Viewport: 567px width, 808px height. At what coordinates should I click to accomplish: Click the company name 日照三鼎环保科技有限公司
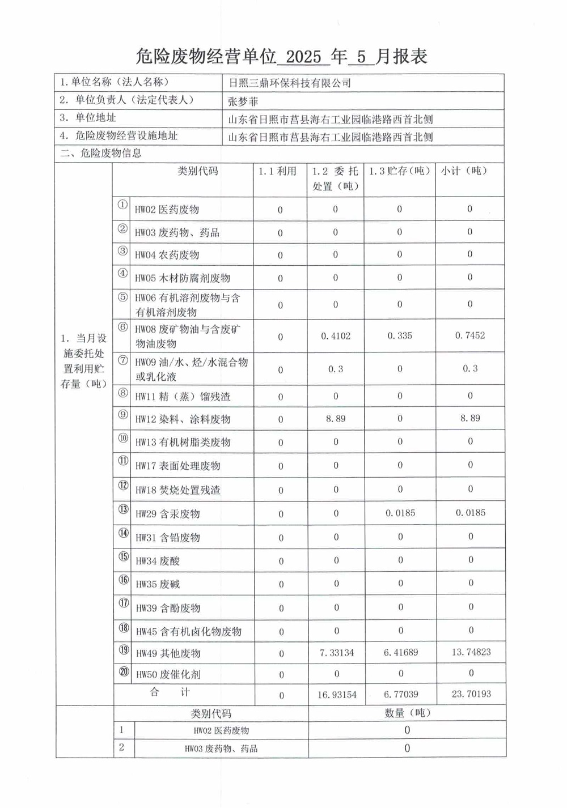[290, 83]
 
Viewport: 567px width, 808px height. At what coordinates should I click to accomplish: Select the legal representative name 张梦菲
[243, 101]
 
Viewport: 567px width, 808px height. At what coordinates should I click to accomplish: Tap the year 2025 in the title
[303, 57]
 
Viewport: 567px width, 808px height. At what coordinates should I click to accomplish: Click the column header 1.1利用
[278, 171]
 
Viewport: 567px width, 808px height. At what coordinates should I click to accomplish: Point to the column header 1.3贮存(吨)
[400, 171]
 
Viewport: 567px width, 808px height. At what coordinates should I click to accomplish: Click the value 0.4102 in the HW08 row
[336, 336]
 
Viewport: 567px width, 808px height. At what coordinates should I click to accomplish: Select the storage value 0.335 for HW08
[400, 336]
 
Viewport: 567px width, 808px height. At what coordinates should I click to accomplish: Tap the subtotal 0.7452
[470, 335]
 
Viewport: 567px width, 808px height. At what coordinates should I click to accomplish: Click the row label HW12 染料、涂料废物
[183, 419]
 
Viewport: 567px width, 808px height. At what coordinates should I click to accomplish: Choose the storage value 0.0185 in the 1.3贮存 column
[400, 513]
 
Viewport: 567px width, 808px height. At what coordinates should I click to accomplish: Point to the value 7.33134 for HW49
[337, 653]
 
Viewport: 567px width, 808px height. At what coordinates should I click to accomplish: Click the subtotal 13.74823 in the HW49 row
[471, 652]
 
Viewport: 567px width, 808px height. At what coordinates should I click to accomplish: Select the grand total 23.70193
[471, 694]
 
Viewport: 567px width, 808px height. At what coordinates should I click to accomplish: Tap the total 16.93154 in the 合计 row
[337, 695]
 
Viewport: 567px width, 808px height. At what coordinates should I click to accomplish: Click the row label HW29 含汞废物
[168, 514]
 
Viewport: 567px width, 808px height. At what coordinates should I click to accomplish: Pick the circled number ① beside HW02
[122, 205]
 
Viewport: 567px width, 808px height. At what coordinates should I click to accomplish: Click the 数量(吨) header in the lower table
[408, 713]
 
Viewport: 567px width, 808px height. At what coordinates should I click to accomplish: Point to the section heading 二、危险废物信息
[101, 154]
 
